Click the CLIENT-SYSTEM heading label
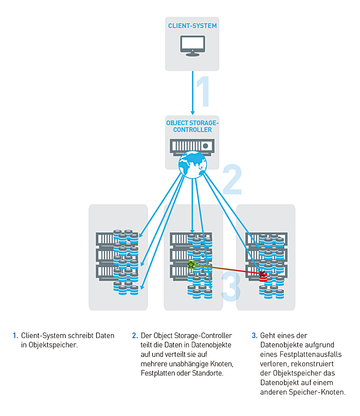point(192,26)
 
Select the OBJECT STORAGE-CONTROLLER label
point(192,126)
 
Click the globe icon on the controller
point(192,163)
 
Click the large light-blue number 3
point(231,286)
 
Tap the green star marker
point(191,265)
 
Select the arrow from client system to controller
point(193,93)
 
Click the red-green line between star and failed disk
point(226,270)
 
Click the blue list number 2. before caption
point(135,335)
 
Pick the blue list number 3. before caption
point(254,335)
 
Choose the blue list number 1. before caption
point(15,335)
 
